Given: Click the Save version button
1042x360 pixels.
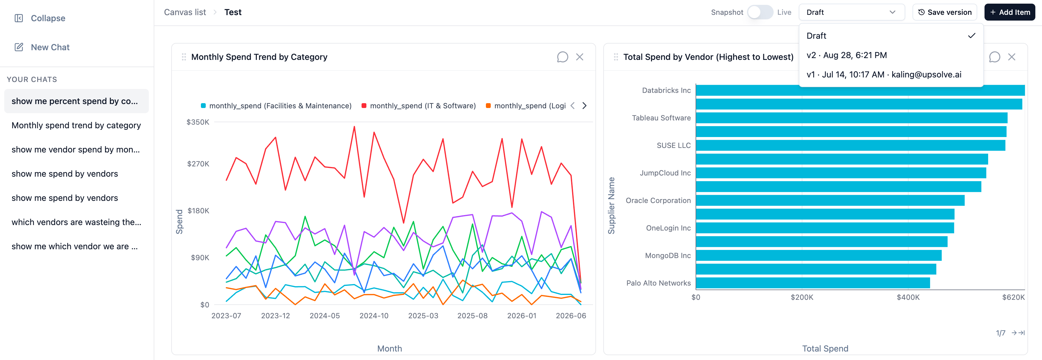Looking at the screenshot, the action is pos(945,12).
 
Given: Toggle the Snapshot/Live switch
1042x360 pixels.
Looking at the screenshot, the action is pos(760,12).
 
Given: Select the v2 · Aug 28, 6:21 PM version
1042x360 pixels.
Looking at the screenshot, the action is pos(847,55).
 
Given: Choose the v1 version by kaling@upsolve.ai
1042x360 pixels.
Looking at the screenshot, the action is pos(884,74).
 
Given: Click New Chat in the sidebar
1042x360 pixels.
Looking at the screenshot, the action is pos(42,47).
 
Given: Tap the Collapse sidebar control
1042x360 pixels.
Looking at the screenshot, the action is pos(40,18).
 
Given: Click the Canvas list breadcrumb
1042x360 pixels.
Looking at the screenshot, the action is pos(185,12).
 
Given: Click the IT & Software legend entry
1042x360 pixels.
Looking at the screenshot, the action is pos(419,106).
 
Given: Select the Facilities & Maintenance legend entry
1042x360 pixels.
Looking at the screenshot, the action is pos(276,106).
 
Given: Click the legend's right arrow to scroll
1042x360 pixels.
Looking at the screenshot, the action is pos(585,106).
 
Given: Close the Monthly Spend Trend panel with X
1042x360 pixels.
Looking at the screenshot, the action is pos(580,57).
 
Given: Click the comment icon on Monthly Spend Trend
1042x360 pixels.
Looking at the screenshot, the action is pos(562,57).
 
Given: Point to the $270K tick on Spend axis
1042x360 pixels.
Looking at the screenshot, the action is pos(198,164).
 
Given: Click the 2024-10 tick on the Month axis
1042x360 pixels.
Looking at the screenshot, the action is pos(374,316).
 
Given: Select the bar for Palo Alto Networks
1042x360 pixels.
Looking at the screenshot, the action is pos(813,283).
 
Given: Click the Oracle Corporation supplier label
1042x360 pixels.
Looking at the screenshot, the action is pos(658,200).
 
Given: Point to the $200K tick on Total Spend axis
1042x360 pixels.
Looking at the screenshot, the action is pos(802,297).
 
